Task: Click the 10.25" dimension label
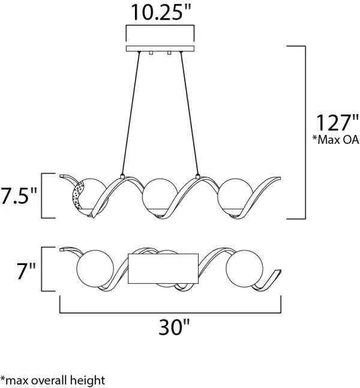click(160, 12)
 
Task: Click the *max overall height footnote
click(53, 380)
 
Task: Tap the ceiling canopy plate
click(160, 49)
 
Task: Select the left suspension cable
click(131, 114)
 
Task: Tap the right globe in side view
click(234, 195)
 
